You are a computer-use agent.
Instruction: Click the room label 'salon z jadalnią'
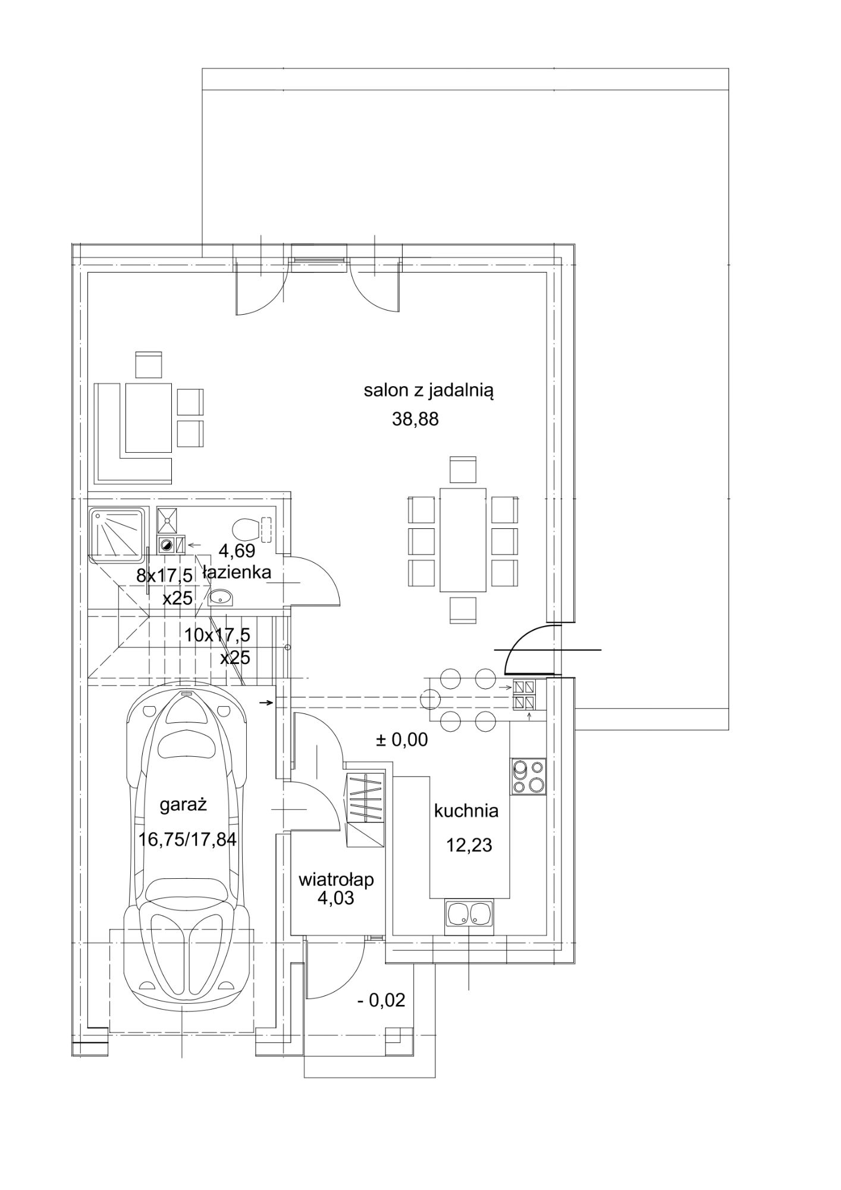429,392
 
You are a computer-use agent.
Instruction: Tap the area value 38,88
415,419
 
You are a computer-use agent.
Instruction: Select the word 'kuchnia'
466,810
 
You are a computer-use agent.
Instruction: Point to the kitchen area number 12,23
469,845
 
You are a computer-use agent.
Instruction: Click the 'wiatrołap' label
336,879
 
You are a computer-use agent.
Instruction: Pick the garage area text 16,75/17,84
188,840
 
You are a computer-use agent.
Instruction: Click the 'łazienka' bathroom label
237,572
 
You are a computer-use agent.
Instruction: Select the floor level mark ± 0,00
401,740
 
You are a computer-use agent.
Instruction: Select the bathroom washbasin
222,597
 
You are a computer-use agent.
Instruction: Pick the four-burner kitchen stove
528,776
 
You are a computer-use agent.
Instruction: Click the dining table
463,540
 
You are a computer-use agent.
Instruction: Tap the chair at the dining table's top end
463,469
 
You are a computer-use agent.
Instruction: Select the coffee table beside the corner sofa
148,417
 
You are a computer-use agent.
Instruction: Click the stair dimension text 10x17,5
217,635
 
